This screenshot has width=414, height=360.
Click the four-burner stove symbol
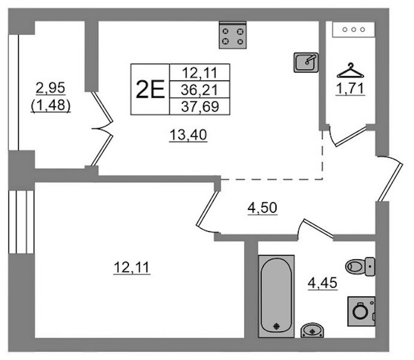(x=233, y=35)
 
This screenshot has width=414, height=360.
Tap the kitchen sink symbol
(x=306, y=62)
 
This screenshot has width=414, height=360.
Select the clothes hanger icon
(x=350, y=71)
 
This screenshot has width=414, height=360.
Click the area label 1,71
(x=350, y=89)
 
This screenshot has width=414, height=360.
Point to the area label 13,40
(x=188, y=135)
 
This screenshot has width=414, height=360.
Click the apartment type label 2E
(x=150, y=89)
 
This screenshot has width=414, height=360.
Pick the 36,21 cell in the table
(x=200, y=89)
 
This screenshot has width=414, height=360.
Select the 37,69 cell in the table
(x=200, y=106)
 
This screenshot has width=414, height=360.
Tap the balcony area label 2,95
(x=50, y=88)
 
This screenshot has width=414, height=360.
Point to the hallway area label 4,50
(x=262, y=208)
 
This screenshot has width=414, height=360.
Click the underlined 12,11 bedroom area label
(x=132, y=268)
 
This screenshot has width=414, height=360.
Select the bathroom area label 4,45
(x=323, y=283)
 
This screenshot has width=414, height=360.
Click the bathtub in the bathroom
(x=276, y=296)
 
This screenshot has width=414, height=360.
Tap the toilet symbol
(x=360, y=266)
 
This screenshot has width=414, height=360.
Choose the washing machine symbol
(x=361, y=311)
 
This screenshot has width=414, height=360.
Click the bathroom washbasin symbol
(x=312, y=330)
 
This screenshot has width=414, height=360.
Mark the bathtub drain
(x=276, y=326)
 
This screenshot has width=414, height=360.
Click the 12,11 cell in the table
(x=200, y=73)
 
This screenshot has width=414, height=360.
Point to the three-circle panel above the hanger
(x=353, y=29)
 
